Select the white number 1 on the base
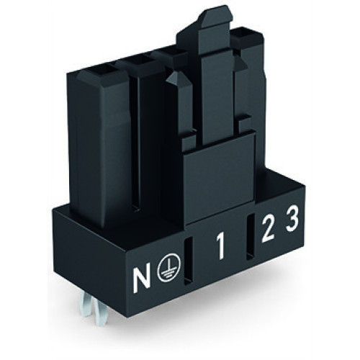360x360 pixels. coord(220,253)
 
